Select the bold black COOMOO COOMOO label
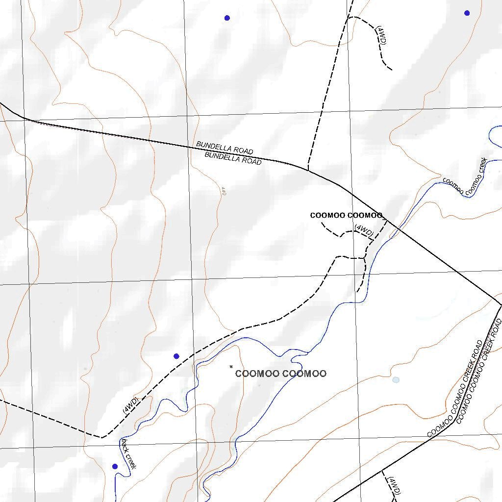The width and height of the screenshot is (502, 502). coord(346,216)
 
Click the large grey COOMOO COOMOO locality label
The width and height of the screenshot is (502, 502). coord(280,374)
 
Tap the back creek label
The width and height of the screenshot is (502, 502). coord(128,454)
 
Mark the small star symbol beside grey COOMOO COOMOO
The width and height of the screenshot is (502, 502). coord(231,366)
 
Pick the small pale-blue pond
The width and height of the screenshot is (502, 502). coord(396,380)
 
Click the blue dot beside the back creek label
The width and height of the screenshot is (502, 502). coord(115,466)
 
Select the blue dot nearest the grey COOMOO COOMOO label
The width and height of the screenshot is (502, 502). coord(176,356)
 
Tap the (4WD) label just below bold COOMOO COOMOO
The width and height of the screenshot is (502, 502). coord(364,230)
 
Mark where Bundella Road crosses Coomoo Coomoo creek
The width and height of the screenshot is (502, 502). coord(397,227)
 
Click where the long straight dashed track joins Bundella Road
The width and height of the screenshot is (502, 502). coord(307,170)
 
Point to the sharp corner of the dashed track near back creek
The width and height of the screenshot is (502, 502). coord(102,437)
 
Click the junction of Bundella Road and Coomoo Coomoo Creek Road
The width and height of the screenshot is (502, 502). coord(501,305)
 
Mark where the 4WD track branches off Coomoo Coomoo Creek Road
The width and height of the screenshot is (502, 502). coord(382,471)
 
